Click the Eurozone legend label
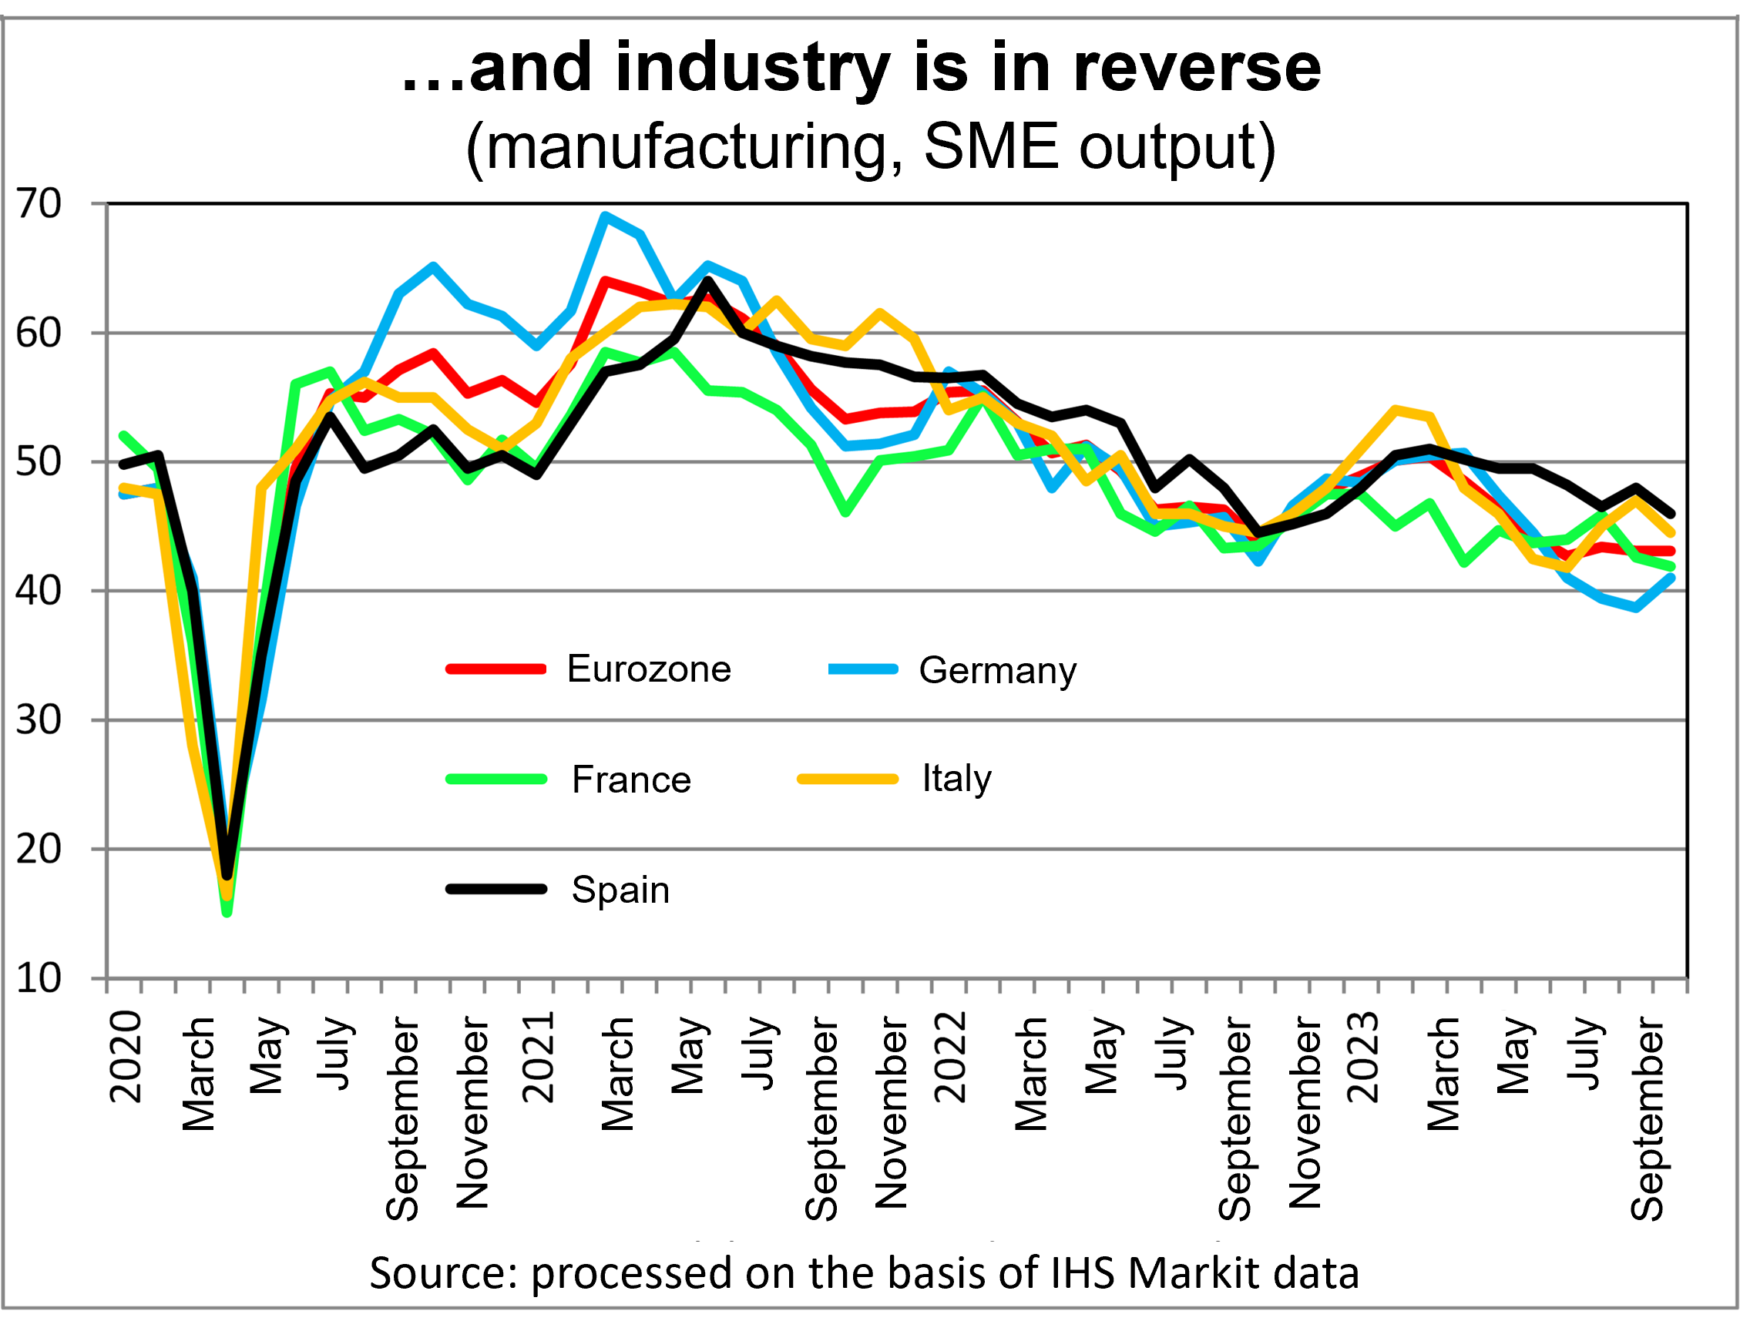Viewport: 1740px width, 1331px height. coord(648,669)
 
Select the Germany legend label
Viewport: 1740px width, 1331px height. coord(997,671)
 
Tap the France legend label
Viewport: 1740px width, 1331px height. coord(631,779)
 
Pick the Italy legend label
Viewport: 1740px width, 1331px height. coord(956,778)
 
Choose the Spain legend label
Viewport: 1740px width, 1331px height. coord(620,890)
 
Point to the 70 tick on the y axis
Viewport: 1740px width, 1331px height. coord(38,204)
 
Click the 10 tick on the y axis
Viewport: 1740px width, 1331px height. coord(38,978)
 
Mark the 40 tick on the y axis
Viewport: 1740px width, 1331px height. coord(38,591)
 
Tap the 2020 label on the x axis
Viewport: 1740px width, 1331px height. coord(126,1057)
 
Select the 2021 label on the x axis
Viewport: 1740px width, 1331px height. coord(538,1057)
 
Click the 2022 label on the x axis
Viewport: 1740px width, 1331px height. coord(950,1057)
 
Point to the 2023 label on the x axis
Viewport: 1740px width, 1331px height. coord(1363,1057)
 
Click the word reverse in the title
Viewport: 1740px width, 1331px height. coord(1197,68)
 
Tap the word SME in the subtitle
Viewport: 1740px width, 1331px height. coord(991,146)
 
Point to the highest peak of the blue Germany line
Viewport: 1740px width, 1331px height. coord(606,216)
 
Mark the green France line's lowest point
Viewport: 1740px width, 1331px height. coord(227,913)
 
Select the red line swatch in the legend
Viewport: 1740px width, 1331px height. coord(496,669)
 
